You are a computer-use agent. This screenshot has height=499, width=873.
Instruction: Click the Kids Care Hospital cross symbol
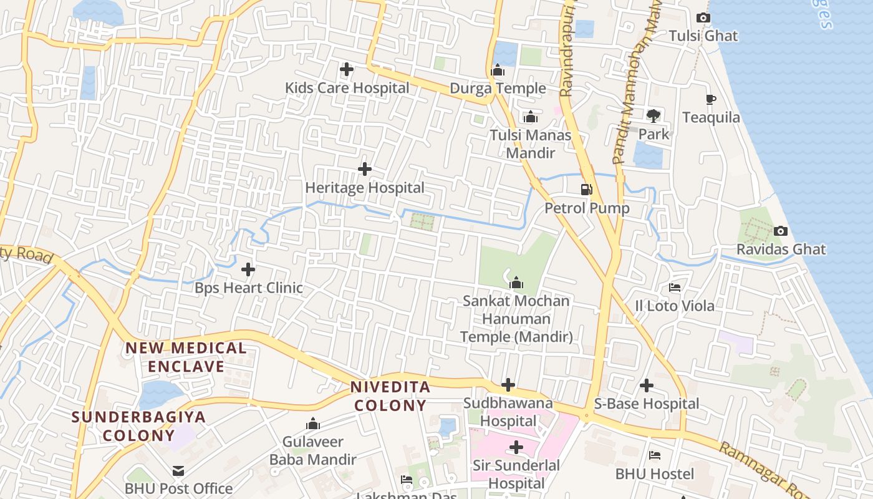[x=347, y=69]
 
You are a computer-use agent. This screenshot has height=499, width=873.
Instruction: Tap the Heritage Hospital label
[x=364, y=188]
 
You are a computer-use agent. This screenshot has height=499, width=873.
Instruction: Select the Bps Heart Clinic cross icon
[x=248, y=269]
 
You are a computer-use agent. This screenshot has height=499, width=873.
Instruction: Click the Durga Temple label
[x=498, y=89]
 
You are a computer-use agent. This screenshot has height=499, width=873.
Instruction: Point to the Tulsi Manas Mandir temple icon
[x=531, y=117]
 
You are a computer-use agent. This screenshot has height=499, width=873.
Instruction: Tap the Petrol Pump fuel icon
[x=586, y=189]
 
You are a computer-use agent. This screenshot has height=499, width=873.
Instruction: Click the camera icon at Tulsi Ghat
[x=703, y=17]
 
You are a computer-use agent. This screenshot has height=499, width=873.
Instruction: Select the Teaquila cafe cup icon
[x=710, y=99]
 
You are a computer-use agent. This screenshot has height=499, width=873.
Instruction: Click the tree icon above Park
[x=654, y=115]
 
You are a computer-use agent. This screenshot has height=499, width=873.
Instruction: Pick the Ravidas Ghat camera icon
[x=781, y=231]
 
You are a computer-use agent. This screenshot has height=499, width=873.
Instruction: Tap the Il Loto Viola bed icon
[x=675, y=288]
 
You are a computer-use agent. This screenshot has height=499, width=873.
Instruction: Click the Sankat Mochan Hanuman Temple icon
[x=516, y=283]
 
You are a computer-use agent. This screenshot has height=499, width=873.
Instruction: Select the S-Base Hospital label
[x=647, y=404]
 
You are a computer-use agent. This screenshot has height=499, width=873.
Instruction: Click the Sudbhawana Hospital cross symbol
[x=508, y=385]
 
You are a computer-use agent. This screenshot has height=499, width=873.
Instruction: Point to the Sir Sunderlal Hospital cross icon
[x=516, y=447]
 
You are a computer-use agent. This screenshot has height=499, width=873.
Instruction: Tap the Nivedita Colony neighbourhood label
[x=390, y=396]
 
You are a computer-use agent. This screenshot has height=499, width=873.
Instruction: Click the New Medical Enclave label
[x=186, y=357]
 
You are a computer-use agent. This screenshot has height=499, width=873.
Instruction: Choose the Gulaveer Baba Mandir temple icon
[x=313, y=424]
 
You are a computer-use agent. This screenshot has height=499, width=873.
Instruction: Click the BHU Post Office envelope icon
[x=179, y=470]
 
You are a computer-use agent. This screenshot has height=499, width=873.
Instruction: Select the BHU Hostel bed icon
[x=655, y=455]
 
